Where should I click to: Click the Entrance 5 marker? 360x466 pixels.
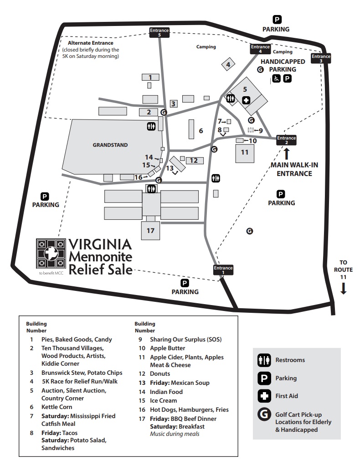(x=159, y=32)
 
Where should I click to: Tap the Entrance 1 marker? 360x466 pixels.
(x=223, y=270)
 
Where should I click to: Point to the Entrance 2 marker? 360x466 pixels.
(x=287, y=140)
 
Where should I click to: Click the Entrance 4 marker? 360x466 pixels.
(x=260, y=49)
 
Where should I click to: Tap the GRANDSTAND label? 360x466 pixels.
(x=110, y=145)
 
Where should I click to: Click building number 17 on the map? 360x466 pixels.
(x=151, y=231)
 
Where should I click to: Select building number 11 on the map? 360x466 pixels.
(x=245, y=152)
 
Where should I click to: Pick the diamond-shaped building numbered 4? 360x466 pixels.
(x=228, y=65)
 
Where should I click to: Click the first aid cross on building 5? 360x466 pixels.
(x=246, y=100)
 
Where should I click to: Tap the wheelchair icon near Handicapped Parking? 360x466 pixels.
(x=277, y=78)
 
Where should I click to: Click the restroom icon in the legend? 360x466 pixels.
(x=264, y=360)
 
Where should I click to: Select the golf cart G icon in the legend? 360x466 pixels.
(x=264, y=415)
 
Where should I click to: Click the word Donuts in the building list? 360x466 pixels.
(x=160, y=373)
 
